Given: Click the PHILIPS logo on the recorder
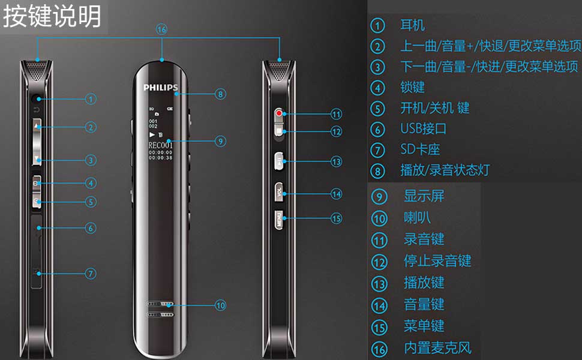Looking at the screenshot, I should coord(160,88).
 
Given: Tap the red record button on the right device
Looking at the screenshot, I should coord(280,113).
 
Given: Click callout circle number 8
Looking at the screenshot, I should coord(220,94).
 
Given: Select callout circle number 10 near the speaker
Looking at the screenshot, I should coord(220,305).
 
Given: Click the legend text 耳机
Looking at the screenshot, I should coord(413,25).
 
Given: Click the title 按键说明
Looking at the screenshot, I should coord(52,17).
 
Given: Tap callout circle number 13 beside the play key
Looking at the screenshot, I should coord(336,162).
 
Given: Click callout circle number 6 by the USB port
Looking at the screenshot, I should coord(90,228).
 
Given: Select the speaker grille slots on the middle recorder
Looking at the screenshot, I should coord(160,308).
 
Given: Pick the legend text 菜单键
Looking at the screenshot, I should coord(424,326).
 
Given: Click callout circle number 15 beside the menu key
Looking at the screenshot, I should coord(336,218).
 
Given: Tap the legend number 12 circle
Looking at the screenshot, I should coord(379,262).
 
